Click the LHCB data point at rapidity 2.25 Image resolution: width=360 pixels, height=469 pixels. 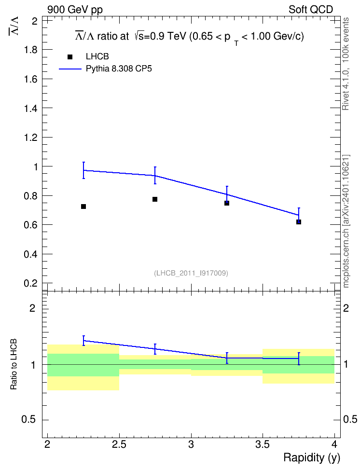coord(83,207)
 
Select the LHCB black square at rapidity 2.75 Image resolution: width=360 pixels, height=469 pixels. coord(155,199)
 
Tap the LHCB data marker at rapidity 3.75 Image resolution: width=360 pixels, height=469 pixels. coord(299,222)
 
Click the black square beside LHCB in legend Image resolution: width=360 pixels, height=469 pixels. coord(70,57)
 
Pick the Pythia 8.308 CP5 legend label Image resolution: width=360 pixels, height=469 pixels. coord(119,69)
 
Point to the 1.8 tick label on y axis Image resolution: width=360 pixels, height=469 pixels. coord(31,50)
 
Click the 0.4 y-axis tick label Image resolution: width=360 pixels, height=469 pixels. coord(31,254)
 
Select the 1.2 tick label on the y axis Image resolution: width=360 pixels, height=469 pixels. coord(31,138)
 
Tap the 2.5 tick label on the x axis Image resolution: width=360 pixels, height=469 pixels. coord(119,444)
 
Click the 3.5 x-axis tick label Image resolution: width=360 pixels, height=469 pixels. coord(263,444)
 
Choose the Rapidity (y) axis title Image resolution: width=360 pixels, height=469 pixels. coord(312,457)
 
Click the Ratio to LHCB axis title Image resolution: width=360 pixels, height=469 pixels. coord(14,364)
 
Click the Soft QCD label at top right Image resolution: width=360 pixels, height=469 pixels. coord(311,10)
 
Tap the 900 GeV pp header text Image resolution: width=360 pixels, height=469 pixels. coord(75,10)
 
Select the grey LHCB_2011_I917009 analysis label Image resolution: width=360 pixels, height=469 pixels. coord(191,273)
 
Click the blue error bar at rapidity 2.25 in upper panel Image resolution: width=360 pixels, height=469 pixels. coord(84,170)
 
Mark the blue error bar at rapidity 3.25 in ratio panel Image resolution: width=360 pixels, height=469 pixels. coord(227,358)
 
